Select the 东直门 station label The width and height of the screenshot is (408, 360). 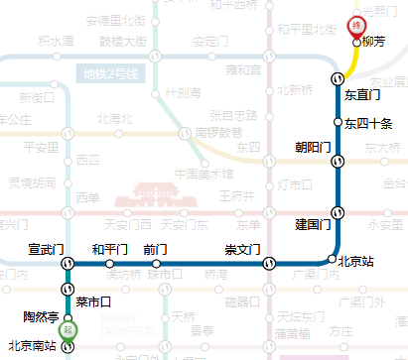(x=363, y=95)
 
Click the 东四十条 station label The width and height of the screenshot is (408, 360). (x=369, y=123)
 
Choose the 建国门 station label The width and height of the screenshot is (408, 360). (x=313, y=225)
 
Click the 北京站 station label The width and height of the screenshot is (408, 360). (x=356, y=262)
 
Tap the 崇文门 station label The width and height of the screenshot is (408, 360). (x=243, y=248)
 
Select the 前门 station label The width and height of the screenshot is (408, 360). (x=155, y=248)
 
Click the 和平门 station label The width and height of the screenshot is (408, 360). (x=109, y=248)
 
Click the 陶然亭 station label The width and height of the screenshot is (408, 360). (x=41, y=316)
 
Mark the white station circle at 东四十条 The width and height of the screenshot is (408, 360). (x=338, y=123)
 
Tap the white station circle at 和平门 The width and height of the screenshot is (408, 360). (x=109, y=263)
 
